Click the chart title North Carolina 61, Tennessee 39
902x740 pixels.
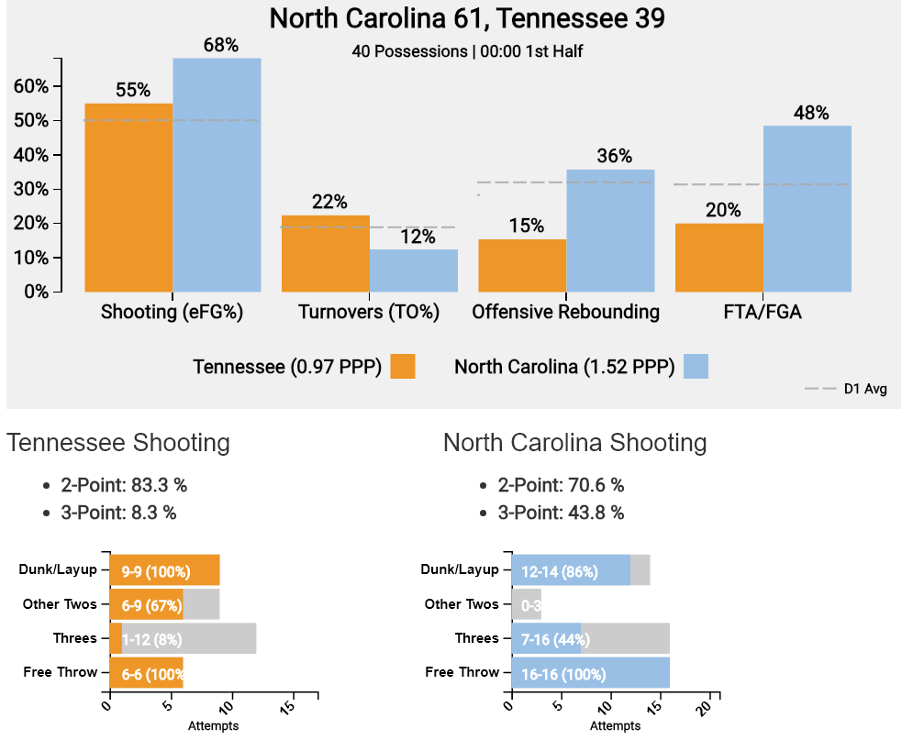(x=467, y=18)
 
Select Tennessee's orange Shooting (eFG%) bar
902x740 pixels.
(x=128, y=197)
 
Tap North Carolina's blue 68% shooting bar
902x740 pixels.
(x=217, y=174)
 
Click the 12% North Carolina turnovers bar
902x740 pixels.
(x=414, y=270)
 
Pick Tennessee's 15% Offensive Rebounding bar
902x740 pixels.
(x=522, y=265)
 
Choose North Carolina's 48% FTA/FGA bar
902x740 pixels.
(x=807, y=208)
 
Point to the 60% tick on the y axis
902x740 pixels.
(x=37, y=86)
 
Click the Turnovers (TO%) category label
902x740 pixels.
(x=369, y=312)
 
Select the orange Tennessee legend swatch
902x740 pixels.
(x=403, y=367)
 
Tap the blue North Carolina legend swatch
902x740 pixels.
(x=696, y=367)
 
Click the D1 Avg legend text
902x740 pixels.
(x=865, y=390)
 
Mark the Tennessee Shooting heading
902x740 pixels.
(x=118, y=443)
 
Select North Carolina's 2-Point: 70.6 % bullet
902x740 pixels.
(x=561, y=485)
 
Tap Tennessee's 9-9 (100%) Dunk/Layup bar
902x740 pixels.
(x=164, y=570)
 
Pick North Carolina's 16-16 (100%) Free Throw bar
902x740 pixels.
(x=590, y=673)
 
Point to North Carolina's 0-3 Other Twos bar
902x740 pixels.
(x=526, y=605)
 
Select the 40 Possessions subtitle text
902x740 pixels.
(x=467, y=51)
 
